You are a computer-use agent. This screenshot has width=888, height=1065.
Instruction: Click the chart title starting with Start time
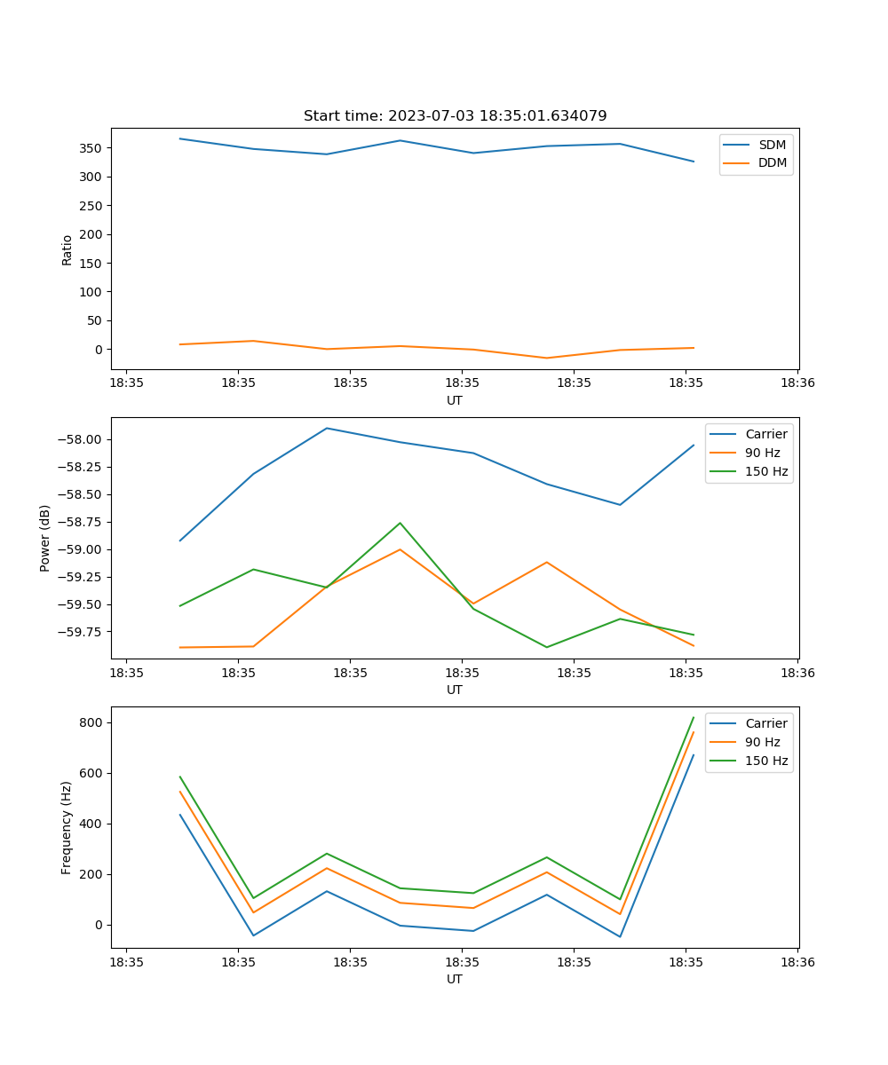(x=455, y=116)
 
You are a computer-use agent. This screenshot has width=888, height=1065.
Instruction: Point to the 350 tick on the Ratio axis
(x=92, y=148)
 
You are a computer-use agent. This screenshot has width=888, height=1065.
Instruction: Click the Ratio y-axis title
(x=67, y=250)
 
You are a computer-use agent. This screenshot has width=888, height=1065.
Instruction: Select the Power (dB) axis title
(x=45, y=538)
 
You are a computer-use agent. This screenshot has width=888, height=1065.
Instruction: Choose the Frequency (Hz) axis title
(x=67, y=827)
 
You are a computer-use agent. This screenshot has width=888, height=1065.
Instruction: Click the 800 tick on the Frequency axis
(x=92, y=723)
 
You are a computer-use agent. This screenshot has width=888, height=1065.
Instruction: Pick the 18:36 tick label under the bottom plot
(x=797, y=961)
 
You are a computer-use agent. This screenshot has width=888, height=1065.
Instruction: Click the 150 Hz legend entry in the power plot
(x=767, y=471)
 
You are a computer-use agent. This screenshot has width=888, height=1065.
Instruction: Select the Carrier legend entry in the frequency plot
(x=765, y=723)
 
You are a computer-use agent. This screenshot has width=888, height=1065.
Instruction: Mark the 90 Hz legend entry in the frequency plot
(x=762, y=742)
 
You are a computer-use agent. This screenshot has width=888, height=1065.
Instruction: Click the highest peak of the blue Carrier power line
(x=327, y=428)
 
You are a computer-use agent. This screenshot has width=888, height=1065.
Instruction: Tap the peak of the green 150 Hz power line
(x=400, y=523)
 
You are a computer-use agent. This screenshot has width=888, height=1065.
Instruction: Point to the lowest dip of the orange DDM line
(x=546, y=358)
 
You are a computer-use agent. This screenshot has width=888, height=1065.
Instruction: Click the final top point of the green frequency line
(x=694, y=717)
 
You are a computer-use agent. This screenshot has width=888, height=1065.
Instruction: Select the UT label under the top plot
(x=455, y=400)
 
